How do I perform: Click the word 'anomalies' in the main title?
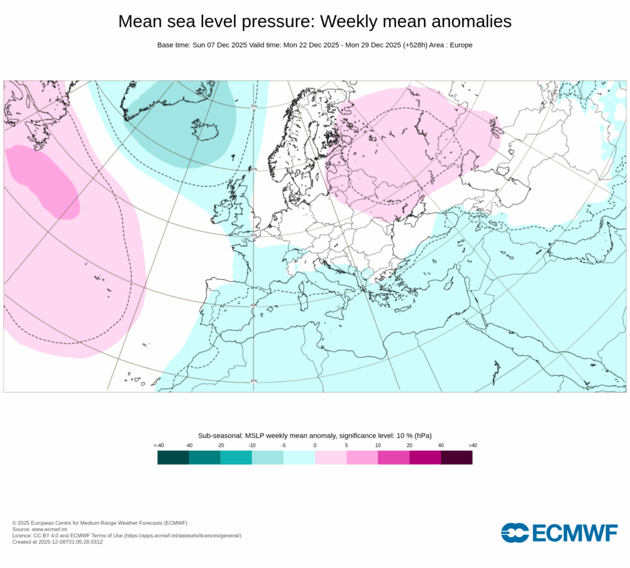(465, 22)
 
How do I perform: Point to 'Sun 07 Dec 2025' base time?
(217, 45)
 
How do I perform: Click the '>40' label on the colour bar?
(472, 445)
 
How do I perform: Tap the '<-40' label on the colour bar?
(158, 445)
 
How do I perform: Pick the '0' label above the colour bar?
(315, 445)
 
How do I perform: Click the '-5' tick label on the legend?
(283, 445)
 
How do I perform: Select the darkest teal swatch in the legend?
(173, 458)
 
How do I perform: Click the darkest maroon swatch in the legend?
(457, 458)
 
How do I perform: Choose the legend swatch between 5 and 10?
(362, 458)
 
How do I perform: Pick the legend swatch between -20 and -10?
(236, 458)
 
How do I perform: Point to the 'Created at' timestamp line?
(57, 542)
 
